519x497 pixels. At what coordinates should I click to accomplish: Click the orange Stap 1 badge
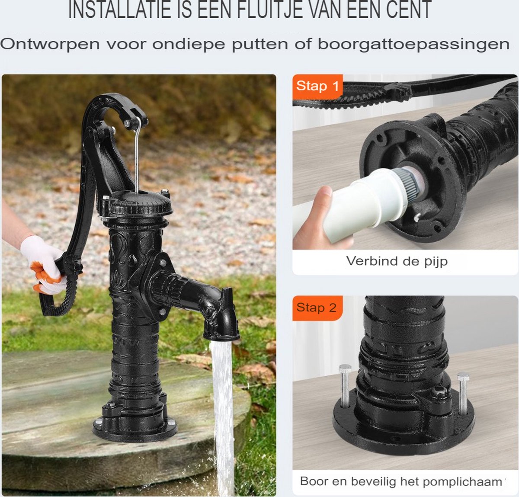pyautogui.click(x=317, y=87)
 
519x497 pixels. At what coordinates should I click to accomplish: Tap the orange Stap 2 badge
pyautogui.click(x=317, y=308)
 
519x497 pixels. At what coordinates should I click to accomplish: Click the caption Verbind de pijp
pyautogui.click(x=397, y=261)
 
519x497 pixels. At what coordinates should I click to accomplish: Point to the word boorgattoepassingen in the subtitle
pyautogui.click(x=413, y=44)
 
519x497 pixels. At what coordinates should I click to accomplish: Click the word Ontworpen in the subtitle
pyautogui.click(x=50, y=44)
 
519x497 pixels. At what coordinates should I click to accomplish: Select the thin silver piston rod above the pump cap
pyautogui.click(x=137, y=155)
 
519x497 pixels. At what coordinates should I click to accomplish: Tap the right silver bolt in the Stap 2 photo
pyautogui.click(x=463, y=394)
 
